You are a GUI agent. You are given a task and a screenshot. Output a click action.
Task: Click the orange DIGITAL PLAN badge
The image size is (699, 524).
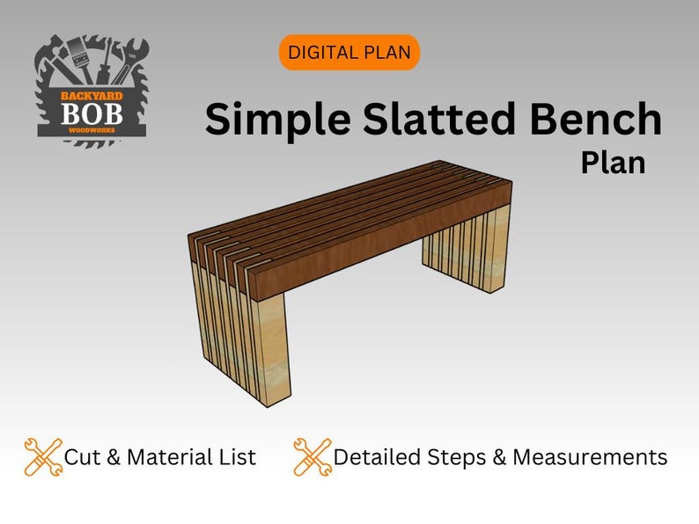click(x=349, y=53)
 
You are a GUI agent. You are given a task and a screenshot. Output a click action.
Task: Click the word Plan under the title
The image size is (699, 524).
click(x=613, y=163)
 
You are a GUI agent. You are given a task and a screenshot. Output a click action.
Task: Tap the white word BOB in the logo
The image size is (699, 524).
click(x=92, y=113)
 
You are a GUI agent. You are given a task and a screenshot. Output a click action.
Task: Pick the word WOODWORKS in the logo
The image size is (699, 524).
click(x=92, y=129)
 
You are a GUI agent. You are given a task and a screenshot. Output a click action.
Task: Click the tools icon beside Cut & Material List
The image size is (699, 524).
click(x=43, y=457)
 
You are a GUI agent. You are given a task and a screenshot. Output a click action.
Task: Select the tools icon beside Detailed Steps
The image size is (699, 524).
click(x=313, y=457)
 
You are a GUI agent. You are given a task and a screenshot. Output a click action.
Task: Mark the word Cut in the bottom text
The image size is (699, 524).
click(x=83, y=457)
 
